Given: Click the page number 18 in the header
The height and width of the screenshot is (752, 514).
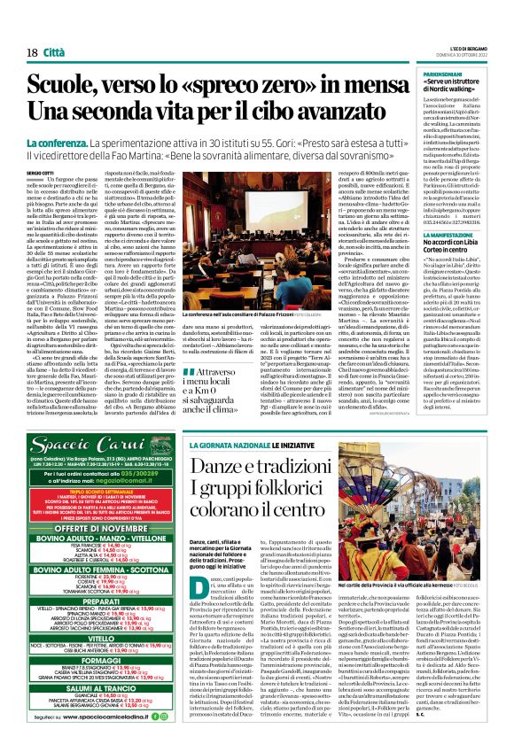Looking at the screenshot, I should pyautogui.click(x=31, y=27).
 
